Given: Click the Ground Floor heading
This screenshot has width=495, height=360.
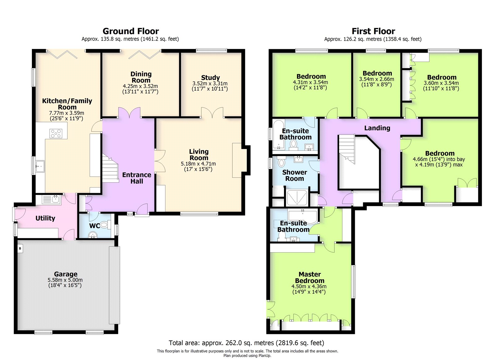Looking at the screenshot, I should coord(131,31).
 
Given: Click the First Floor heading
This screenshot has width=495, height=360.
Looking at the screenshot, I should coord(373,31).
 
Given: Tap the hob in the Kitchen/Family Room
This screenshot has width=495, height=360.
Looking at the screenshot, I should coord(56,133).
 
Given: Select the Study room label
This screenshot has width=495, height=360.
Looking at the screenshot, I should coord(210,78).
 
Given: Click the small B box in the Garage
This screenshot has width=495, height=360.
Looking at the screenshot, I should coord(20,248).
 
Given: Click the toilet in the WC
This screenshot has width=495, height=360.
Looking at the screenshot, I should coord(105,225).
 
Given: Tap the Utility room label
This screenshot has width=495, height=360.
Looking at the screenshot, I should coord(45,218).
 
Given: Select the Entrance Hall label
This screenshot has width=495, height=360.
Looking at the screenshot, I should coord(136,178).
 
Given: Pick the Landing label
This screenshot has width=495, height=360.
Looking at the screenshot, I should coord(377,128).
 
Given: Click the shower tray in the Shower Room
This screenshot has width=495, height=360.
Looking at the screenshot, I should coord(297,198).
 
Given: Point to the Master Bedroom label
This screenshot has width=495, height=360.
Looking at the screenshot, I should coord(309,277).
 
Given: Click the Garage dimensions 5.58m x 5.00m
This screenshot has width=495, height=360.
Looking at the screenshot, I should coord(65,280).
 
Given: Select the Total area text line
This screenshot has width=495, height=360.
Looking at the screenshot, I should coord(246,343).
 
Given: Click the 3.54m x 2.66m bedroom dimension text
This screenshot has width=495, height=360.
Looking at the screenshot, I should coord(377,79).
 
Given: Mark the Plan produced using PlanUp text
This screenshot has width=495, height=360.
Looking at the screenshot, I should coord(247,356).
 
